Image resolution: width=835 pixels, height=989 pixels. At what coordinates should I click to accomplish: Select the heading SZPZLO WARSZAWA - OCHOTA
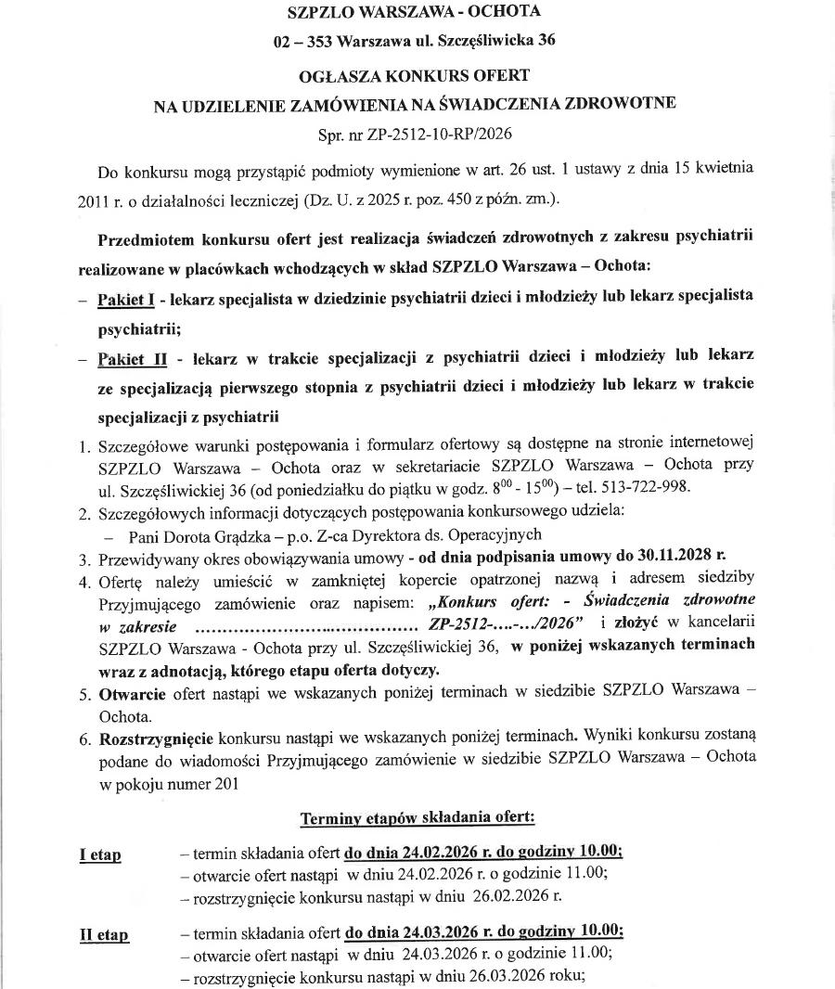click(x=414, y=12)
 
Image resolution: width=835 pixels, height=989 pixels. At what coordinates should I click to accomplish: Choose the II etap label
click(x=104, y=935)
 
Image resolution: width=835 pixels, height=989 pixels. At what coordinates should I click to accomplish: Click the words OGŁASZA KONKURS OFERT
click(x=414, y=73)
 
